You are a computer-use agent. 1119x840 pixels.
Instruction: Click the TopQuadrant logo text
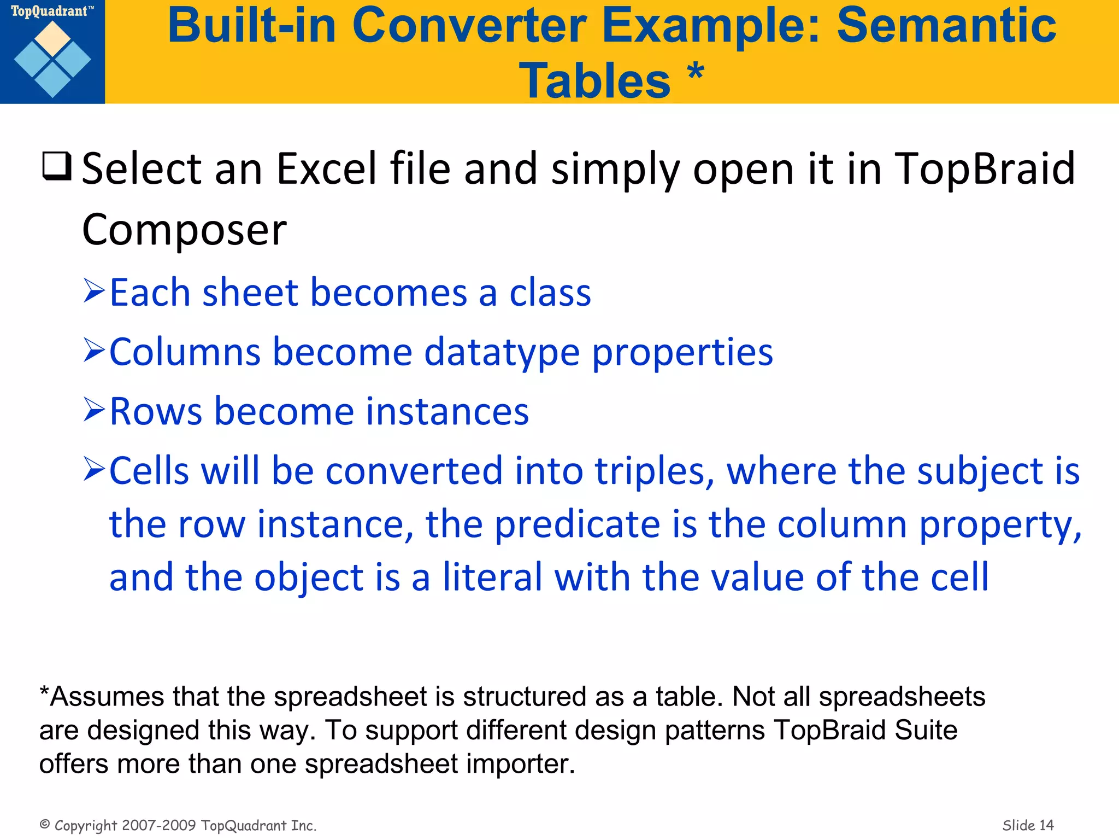(49, 11)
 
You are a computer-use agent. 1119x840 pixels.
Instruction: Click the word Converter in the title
(469, 26)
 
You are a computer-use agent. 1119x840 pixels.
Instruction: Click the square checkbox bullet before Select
(56, 166)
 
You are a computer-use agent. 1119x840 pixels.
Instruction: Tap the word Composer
(184, 230)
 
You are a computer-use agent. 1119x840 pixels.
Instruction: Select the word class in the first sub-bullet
(550, 293)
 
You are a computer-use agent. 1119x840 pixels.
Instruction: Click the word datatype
(502, 352)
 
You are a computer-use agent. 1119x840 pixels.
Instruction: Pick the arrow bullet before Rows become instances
(94, 410)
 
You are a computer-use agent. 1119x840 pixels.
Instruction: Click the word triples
(653, 471)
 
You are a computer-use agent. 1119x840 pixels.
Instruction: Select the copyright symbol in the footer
(45, 824)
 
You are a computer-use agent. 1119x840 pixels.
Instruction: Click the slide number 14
(1046, 825)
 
